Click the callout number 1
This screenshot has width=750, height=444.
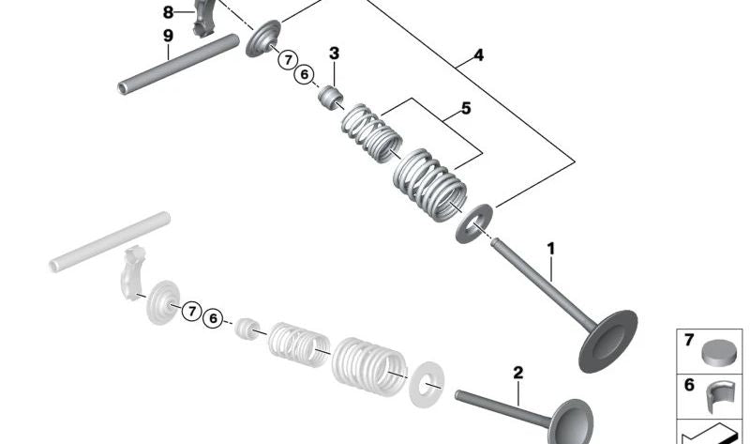click(x=551, y=249)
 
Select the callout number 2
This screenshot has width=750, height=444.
click(x=517, y=373)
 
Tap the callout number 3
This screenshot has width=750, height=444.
click(x=334, y=54)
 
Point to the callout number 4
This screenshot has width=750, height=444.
click(x=478, y=56)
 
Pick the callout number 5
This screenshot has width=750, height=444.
click(x=465, y=109)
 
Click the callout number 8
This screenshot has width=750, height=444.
click(x=168, y=12)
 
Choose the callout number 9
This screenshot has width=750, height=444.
click(x=168, y=36)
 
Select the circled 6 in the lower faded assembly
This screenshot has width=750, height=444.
click(x=213, y=318)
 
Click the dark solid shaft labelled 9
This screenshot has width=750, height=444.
click(x=178, y=63)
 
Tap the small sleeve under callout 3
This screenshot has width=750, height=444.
click(x=330, y=96)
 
